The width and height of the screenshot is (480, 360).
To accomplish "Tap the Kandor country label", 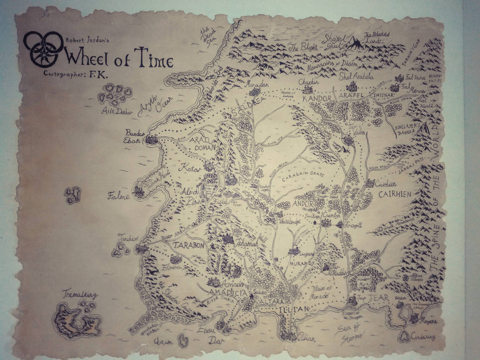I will [317, 99].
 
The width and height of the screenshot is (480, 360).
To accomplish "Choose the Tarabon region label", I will [189, 246].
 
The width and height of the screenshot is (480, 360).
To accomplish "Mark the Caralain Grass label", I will [303, 174].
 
